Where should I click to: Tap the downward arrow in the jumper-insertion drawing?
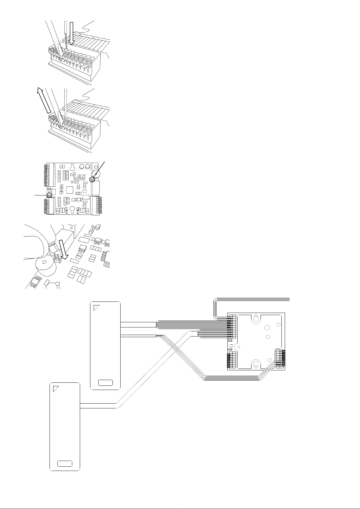63,250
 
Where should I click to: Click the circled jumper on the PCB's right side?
92,180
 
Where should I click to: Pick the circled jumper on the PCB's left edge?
49,195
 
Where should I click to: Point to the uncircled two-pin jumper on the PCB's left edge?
49,189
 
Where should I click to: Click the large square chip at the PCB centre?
70,190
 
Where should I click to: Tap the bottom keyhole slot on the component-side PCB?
72,210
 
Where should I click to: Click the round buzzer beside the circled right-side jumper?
96,174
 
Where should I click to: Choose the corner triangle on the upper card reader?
97,308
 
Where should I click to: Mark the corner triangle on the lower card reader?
56,388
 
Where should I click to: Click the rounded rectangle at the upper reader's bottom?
105,383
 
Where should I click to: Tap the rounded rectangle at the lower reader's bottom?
65,464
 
